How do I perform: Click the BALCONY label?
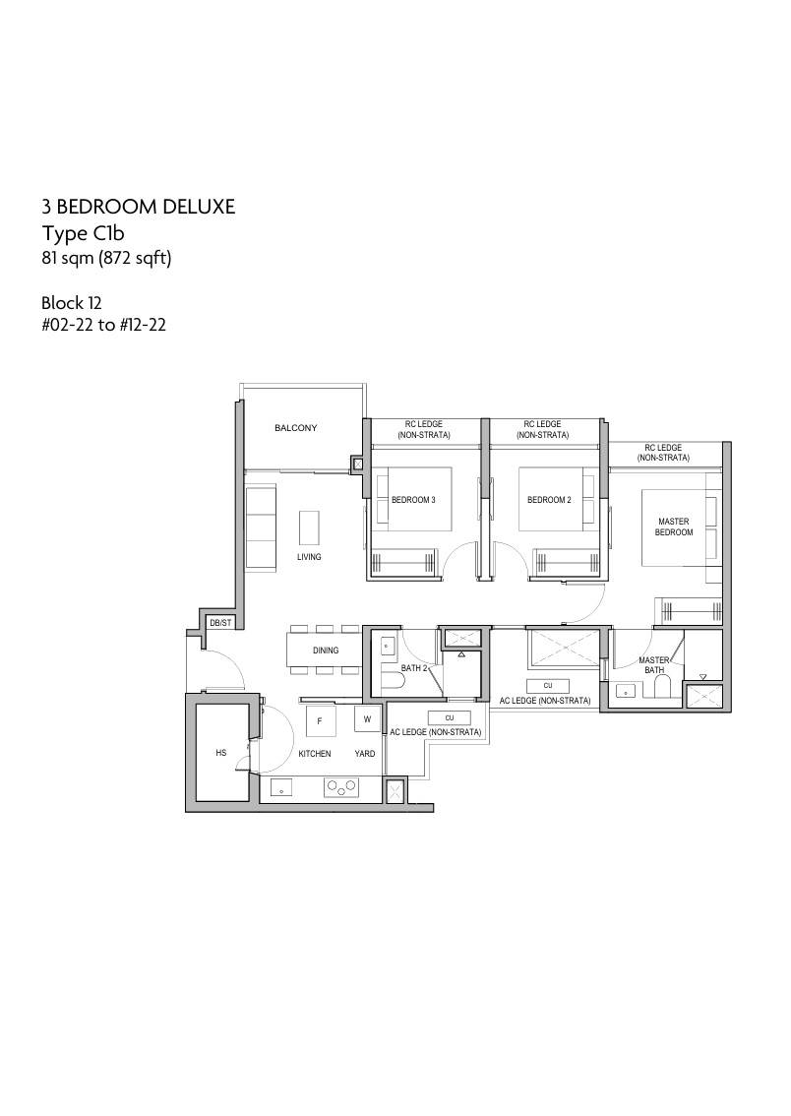click(x=296, y=428)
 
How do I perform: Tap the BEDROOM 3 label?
click(x=413, y=500)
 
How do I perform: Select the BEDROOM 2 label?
click(x=549, y=500)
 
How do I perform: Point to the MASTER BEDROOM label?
click(x=674, y=527)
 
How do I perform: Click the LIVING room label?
click(x=309, y=557)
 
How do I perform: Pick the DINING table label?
click(x=326, y=650)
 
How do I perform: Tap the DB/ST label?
click(x=220, y=623)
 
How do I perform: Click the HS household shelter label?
click(x=221, y=752)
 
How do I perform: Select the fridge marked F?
click(x=321, y=721)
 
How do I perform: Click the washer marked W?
click(x=367, y=718)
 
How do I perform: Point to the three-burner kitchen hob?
click(x=341, y=787)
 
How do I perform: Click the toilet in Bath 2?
click(x=392, y=682)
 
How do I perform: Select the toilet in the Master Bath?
click(x=662, y=686)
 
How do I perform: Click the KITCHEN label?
click(x=315, y=753)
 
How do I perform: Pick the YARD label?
click(x=365, y=753)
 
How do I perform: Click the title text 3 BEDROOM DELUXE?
click(x=138, y=207)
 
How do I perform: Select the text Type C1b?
click(x=84, y=233)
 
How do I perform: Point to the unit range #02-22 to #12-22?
click(x=104, y=326)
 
